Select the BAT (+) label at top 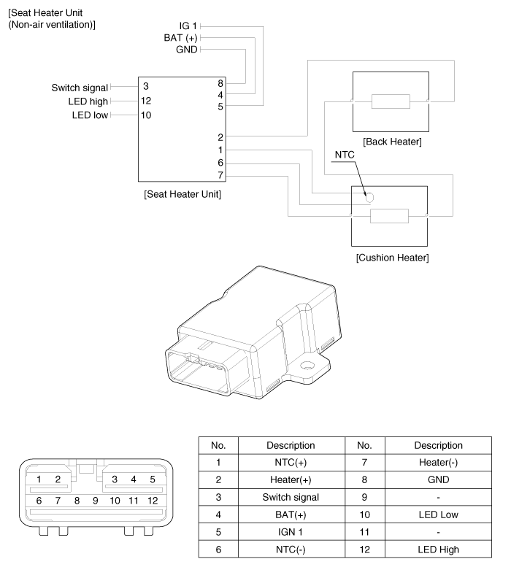point(180,37)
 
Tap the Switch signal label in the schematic point(80,88)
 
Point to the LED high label point(88,101)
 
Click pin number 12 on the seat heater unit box point(146,101)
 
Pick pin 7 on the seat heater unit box point(220,175)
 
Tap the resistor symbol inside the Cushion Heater point(389,216)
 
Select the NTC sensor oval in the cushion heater point(369,197)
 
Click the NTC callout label point(344,156)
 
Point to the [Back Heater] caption point(392,141)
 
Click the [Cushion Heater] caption point(392,258)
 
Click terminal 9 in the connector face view point(96,501)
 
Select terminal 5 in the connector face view point(153,479)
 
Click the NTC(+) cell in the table point(291,462)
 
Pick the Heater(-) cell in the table point(438,462)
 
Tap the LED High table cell point(438,550)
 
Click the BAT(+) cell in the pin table point(291,515)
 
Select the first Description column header point(291,445)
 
